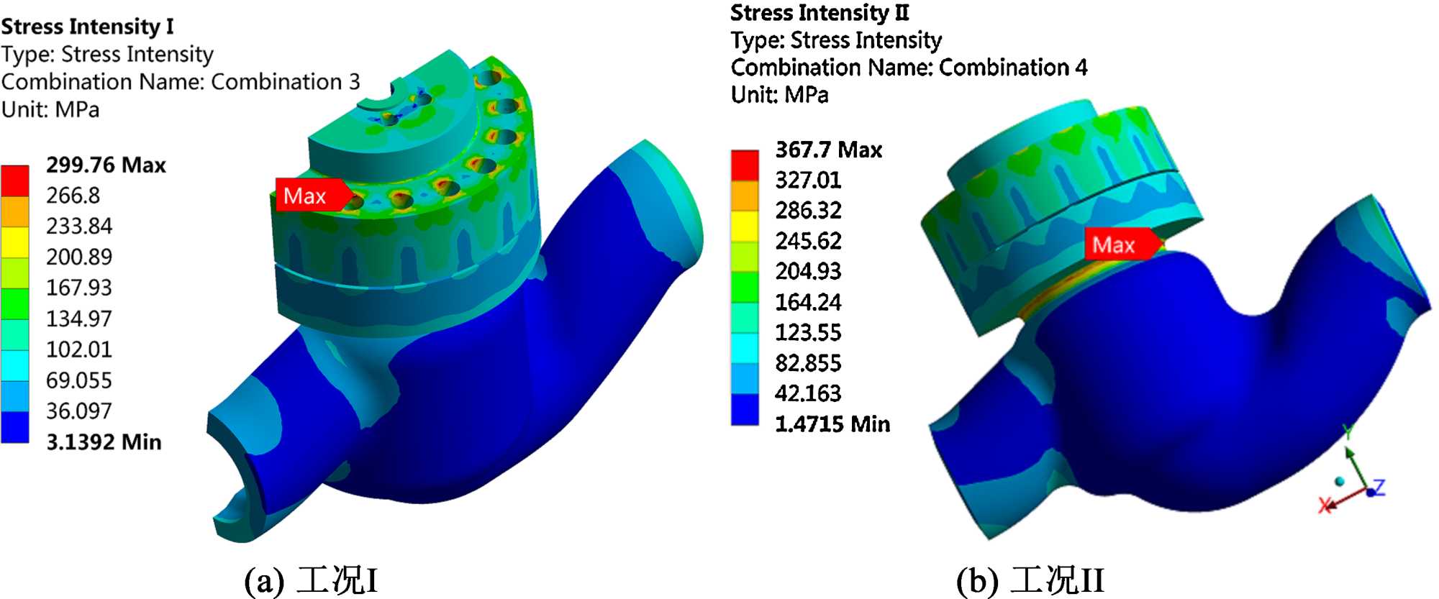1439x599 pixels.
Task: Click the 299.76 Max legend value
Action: coord(106,165)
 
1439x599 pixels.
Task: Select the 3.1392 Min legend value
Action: coord(104,442)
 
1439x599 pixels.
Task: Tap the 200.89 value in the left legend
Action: coord(79,257)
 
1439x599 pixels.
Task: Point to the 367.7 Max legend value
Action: coord(828,150)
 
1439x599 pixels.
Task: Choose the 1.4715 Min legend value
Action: coord(832,424)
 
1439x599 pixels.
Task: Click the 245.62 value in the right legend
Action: coord(808,240)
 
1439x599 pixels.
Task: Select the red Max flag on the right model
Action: coord(1122,244)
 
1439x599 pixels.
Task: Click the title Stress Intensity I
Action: coord(87,27)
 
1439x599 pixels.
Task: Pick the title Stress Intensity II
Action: coord(820,13)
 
